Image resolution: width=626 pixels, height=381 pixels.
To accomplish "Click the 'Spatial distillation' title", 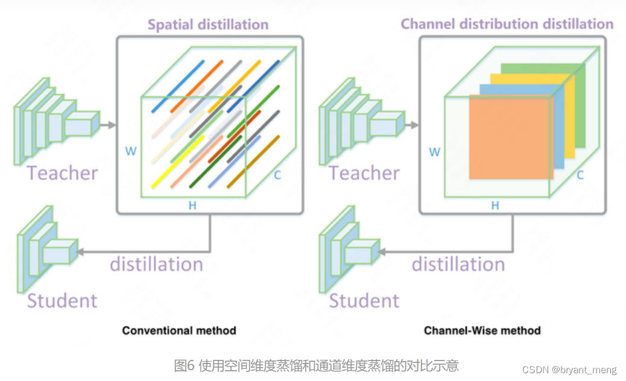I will pyautogui.click(x=208, y=25).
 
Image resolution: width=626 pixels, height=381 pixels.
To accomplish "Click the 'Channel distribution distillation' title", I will pyautogui.click(x=507, y=24).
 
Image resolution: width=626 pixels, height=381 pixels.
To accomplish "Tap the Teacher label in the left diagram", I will pyautogui.click(x=62, y=174).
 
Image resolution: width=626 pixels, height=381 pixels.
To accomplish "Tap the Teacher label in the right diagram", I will pyautogui.click(x=364, y=174).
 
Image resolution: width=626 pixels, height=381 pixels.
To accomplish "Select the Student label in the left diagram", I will pyautogui.click(x=62, y=300).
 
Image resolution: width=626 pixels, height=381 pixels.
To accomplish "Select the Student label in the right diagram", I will pyautogui.click(x=364, y=300).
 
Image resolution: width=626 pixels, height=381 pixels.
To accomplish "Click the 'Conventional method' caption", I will pyautogui.click(x=179, y=330).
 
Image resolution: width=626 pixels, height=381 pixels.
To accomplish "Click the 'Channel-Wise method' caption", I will pyautogui.click(x=482, y=330).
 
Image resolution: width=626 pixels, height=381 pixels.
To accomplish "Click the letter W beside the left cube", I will pyautogui.click(x=131, y=151).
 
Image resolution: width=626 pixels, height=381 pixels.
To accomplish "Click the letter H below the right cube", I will pyautogui.click(x=495, y=206).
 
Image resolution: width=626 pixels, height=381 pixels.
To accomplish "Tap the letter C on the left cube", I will pyautogui.click(x=277, y=175).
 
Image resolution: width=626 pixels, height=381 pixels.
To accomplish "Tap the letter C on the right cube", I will pyautogui.click(x=580, y=175).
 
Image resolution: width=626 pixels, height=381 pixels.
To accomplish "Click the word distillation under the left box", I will pyautogui.click(x=156, y=264).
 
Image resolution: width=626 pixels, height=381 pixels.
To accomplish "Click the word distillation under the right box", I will pyautogui.click(x=458, y=264).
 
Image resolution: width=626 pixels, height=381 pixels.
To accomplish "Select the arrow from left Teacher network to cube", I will pyautogui.click(x=108, y=125).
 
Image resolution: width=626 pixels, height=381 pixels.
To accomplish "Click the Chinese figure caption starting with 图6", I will pyautogui.click(x=316, y=365).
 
